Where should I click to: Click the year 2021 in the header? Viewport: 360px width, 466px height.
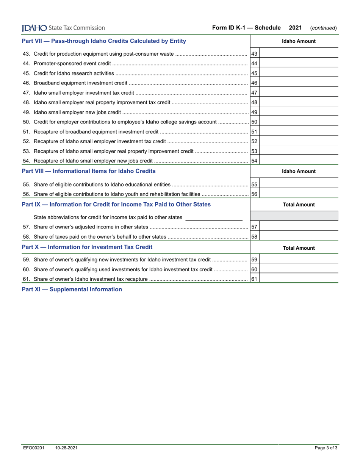295,28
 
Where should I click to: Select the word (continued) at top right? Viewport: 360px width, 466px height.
323,28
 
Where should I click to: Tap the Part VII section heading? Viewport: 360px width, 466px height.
104,41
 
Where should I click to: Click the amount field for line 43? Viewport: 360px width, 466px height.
298,54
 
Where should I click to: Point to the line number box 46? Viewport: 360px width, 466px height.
254,83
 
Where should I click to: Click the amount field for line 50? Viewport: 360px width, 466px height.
298,122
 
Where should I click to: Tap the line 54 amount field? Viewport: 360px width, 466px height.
298,160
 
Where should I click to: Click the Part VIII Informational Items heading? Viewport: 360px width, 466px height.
89,171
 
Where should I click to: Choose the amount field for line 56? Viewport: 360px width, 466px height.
298,194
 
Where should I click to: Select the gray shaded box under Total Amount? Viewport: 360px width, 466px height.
294,216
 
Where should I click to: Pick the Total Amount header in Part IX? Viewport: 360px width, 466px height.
299,205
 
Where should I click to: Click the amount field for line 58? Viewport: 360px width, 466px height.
298,237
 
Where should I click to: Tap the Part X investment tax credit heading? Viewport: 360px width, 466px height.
87,247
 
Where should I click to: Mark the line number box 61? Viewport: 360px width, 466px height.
254,279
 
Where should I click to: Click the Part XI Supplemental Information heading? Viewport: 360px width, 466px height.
72,289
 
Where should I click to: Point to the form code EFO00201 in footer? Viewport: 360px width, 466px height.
33,448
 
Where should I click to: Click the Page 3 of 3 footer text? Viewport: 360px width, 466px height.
326,448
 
